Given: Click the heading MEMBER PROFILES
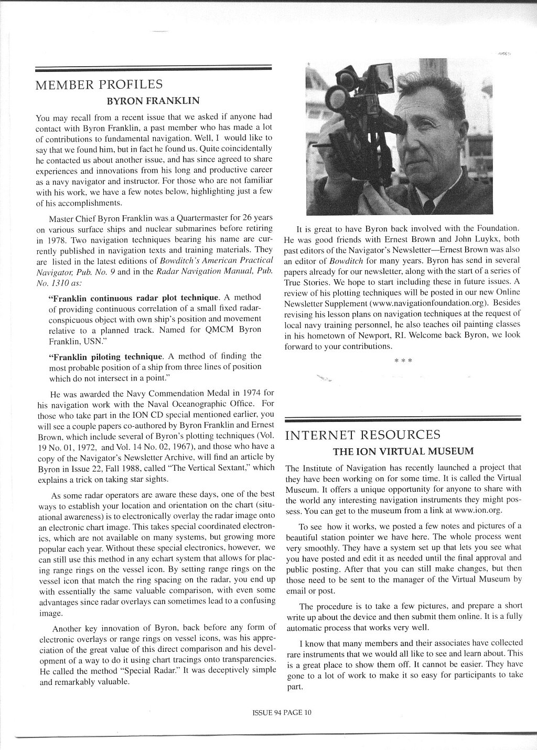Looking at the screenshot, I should (98, 84).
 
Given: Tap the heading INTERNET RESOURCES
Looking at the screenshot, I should (362, 435).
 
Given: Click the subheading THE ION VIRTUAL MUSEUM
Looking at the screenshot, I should (403, 451).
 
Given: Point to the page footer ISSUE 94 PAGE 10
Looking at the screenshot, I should (282, 712).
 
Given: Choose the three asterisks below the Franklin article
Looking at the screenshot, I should (403, 361).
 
